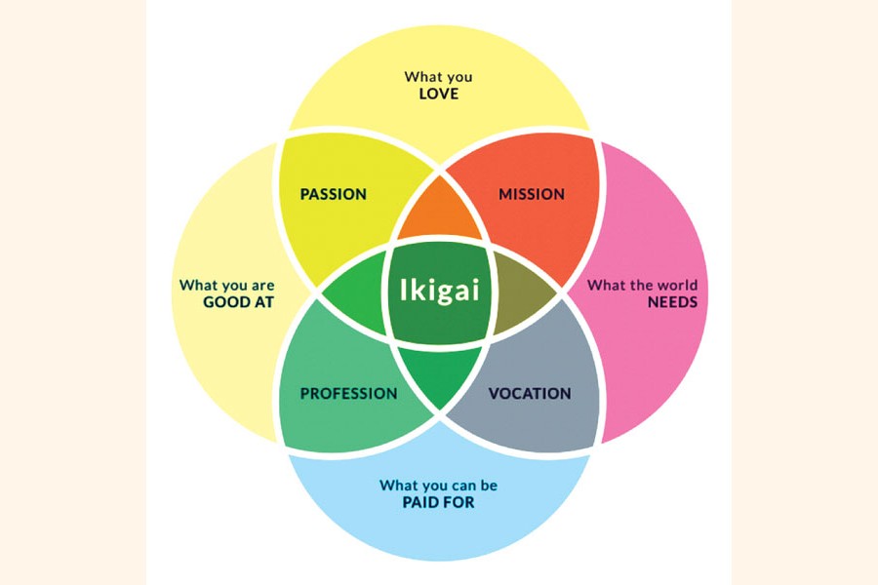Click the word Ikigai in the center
[439, 291]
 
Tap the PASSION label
[334, 194]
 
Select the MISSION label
[532, 194]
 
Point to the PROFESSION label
[348, 394]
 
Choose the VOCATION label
[529, 394]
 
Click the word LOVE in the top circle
[438, 95]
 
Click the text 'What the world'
[642, 285]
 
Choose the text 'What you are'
[226, 285]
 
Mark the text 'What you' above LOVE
[438, 76]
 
